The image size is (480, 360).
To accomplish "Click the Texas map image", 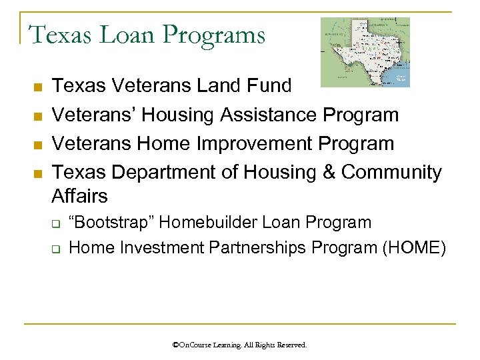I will click(365, 52).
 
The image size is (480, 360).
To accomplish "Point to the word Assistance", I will click(267, 115).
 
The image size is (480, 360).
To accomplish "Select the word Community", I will click(391, 173).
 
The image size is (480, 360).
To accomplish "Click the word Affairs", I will click(79, 196).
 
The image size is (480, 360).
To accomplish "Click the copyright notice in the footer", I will click(239, 345).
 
